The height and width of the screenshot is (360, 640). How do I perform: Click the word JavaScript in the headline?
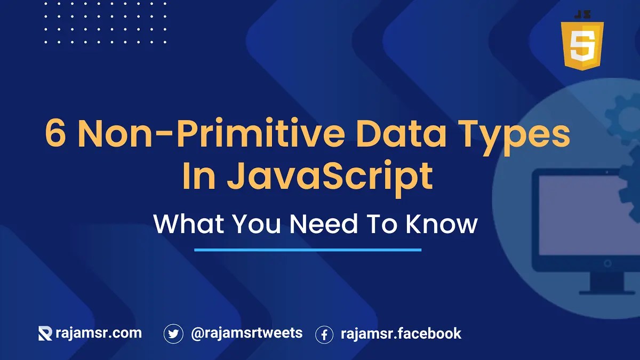click(x=330, y=177)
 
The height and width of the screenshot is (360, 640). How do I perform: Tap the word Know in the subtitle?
click(x=441, y=224)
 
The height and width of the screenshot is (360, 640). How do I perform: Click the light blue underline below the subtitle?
click(x=308, y=249)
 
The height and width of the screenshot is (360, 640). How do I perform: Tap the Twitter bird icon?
click(x=173, y=334)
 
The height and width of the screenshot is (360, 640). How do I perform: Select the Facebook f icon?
click(x=324, y=334)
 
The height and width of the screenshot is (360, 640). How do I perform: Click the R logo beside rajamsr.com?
click(x=45, y=334)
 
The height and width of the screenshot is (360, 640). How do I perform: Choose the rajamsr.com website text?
click(x=99, y=333)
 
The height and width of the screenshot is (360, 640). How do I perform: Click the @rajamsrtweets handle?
click(x=246, y=333)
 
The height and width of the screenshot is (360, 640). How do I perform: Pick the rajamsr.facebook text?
click(x=401, y=334)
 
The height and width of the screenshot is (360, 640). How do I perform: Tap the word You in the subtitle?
click(x=250, y=224)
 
